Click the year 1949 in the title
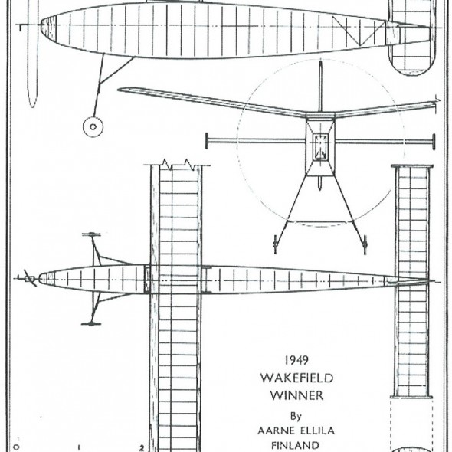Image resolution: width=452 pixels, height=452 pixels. tap(296, 360)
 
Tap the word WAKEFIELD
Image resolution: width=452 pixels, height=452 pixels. tap(297, 378)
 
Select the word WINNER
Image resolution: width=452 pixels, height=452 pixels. tap(297, 395)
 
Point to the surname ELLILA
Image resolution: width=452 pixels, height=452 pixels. tap(316, 431)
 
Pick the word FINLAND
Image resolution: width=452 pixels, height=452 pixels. tap(296, 445)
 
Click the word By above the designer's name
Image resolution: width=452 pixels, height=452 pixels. tap(296, 416)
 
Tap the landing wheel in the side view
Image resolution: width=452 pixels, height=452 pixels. tap(93, 126)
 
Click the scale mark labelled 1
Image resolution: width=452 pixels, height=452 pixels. tap(79, 447)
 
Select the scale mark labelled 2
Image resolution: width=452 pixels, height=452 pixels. tap(141, 448)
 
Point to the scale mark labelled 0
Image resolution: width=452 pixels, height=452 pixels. tap(16, 447)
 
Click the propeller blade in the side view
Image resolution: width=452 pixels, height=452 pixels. tap(33, 54)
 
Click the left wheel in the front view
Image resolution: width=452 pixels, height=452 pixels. tap(275, 244)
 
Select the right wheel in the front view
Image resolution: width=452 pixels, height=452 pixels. tap(365, 244)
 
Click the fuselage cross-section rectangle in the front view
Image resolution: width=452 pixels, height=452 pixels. tap(320, 147)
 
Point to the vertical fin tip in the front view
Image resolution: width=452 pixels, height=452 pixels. tap(320, 62)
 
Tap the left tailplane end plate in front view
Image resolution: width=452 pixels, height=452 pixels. tap(207, 141)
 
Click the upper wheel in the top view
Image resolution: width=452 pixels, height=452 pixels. tap(91, 234)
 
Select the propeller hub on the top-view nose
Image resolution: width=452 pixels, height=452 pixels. tap(29, 279)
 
